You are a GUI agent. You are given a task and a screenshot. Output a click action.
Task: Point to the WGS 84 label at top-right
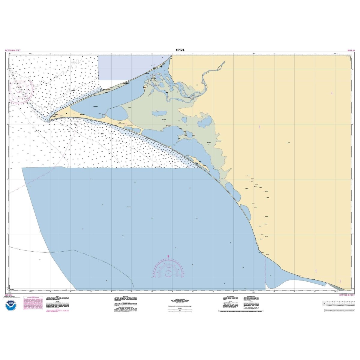(x=351, y=50)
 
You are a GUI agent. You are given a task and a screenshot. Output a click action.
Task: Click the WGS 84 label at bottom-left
(x=9, y=295)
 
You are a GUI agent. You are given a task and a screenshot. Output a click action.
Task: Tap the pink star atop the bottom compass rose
(x=168, y=256)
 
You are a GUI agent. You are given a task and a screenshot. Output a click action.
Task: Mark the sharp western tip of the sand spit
(x=47, y=121)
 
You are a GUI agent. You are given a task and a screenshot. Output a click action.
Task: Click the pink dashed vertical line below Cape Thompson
(x=265, y=270)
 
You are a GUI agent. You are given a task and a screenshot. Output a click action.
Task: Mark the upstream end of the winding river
(x=223, y=62)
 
